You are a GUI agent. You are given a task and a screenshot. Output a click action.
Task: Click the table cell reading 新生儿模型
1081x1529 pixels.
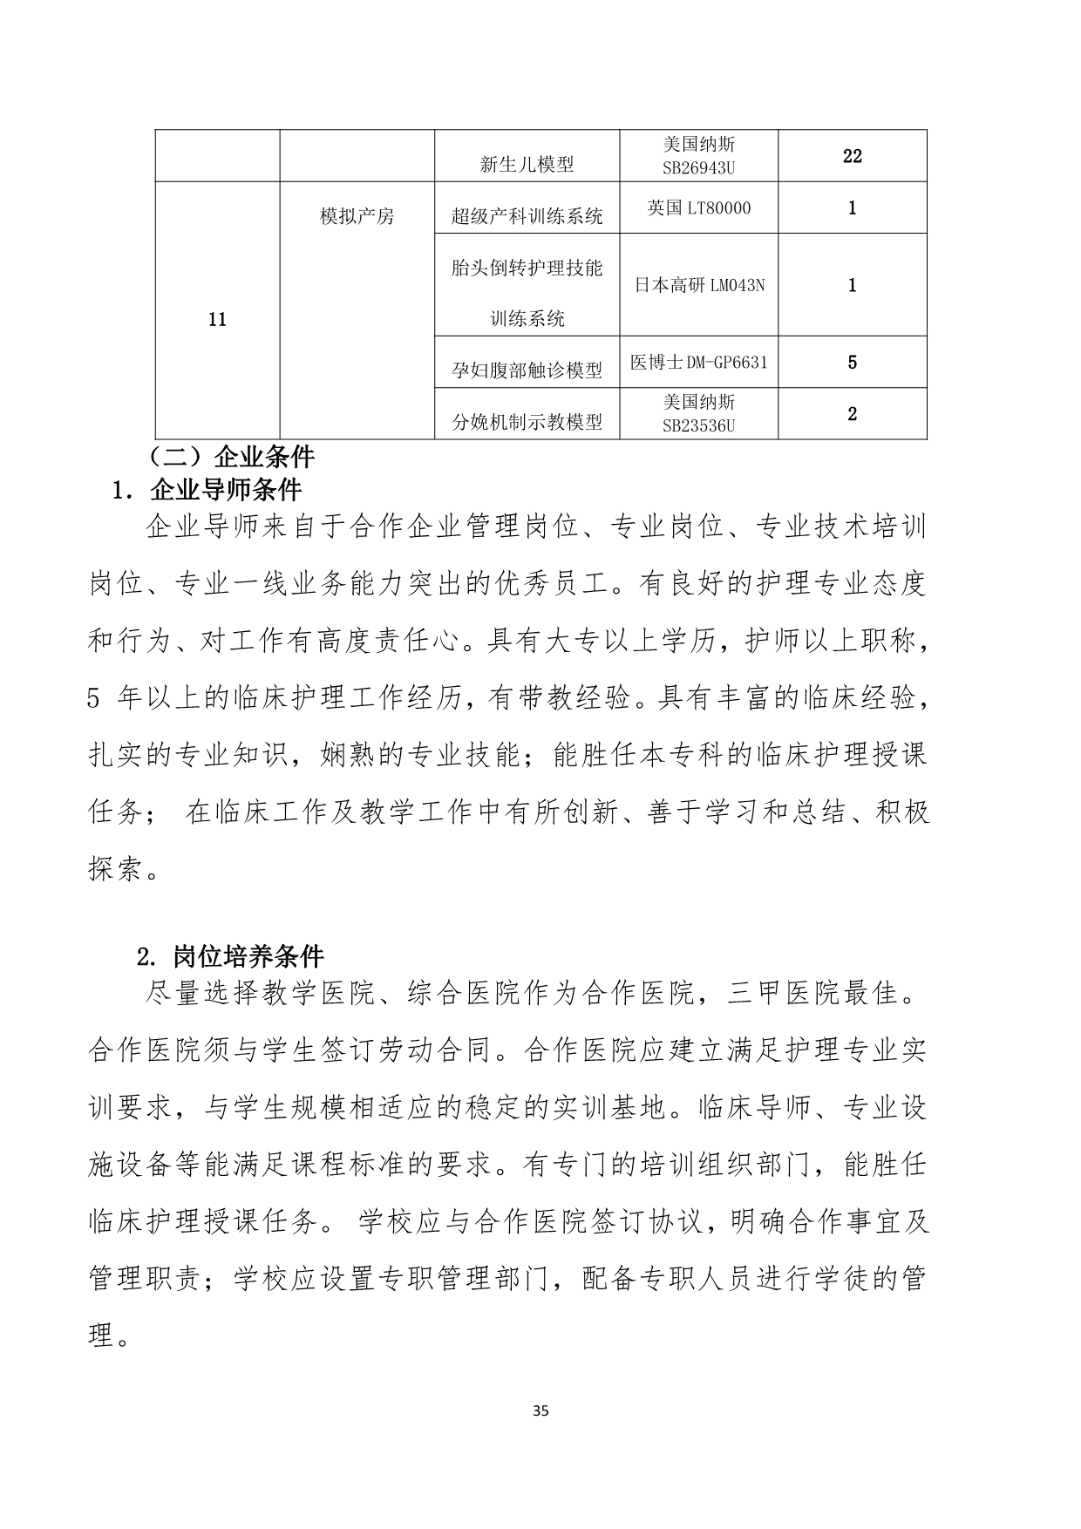527,164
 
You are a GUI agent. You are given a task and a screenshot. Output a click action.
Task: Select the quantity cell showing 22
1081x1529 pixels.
852,156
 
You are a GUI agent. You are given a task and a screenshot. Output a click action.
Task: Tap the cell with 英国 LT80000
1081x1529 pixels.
698,208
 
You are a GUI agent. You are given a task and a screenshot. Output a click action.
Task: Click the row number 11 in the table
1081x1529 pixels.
217,320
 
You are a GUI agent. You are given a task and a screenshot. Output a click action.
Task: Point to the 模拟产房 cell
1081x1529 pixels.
357,216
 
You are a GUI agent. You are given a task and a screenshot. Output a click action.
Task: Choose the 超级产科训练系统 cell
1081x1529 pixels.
527,216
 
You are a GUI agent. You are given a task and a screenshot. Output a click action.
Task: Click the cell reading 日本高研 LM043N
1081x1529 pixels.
698,285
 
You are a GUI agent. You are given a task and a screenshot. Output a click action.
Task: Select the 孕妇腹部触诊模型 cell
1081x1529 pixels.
527,370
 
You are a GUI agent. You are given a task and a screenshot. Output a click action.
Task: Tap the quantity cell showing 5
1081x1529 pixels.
852,362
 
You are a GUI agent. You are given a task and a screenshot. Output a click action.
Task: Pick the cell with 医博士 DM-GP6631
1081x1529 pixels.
698,362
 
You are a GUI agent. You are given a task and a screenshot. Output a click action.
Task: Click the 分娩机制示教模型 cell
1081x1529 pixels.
527,423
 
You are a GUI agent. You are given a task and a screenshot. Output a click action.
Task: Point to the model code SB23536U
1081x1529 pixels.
698,425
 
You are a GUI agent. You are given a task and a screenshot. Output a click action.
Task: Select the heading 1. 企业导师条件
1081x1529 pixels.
207,490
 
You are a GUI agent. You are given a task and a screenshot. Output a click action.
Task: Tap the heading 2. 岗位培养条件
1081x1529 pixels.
231,957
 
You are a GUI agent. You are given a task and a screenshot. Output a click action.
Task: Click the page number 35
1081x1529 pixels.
540,1410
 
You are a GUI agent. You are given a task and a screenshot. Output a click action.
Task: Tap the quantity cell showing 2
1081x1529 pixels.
852,413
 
